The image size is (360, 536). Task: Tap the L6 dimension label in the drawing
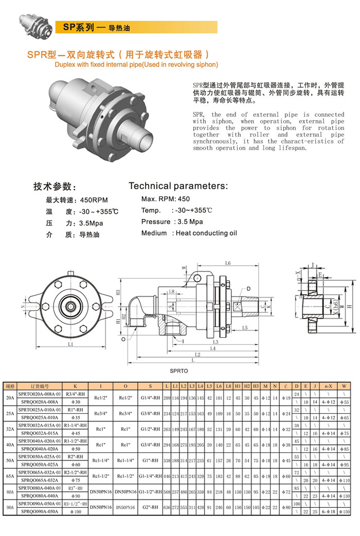228,264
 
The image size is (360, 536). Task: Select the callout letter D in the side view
248,289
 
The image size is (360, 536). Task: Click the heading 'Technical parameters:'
178,186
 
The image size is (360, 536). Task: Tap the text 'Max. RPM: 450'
165,199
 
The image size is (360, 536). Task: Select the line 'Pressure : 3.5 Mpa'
172,221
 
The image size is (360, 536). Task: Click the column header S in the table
150,385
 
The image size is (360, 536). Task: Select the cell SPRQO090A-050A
40,512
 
